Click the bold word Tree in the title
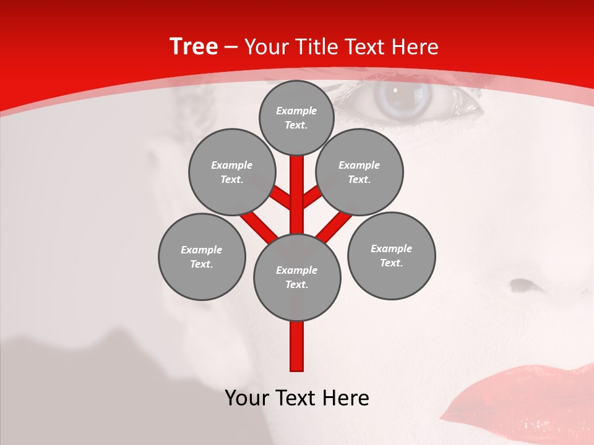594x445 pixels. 194,47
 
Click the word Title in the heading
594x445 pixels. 314,47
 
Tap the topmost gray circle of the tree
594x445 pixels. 296,117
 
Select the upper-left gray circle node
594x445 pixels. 232,172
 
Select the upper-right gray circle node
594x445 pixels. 359,172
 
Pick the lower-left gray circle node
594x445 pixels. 202,256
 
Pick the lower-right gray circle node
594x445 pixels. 391,255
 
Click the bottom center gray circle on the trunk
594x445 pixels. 297,277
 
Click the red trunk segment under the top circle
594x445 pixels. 297,179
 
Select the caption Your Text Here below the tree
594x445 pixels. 297,398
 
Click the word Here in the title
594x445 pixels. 416,47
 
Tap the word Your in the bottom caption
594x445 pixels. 247,398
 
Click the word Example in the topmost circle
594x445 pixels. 296,111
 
